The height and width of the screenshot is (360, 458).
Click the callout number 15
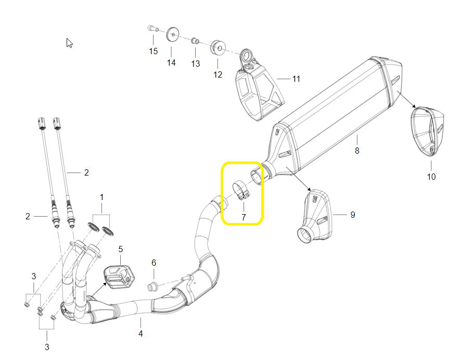point(154,51)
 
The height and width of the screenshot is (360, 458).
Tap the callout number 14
point(171,63)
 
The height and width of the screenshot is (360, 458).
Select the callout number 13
point(195,64)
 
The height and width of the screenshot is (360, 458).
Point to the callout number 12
point(218,75)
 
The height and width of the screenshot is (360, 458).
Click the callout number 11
point(296,79)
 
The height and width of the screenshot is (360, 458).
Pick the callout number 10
point(431,177)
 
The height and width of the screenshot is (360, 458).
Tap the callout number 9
point(353,215)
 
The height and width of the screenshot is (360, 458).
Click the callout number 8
point(357,151)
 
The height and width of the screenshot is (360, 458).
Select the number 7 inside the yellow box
point(244,217)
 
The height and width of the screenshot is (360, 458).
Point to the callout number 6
point(154,263)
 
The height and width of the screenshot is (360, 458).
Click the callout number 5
point(120,249)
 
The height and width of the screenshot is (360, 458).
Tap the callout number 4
point(141,333)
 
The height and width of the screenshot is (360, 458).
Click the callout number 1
point(101,197)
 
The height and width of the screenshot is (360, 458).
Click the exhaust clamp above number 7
point(241,191)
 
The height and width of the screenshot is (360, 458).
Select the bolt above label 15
point(152,29)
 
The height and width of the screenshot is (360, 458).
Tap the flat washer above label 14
point(173,35)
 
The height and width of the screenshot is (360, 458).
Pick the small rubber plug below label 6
point(152,287)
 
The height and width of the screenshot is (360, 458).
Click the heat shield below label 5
point(119,277)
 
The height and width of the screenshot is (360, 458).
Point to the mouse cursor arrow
point(69,43)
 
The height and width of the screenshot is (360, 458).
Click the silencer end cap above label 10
point(427,131)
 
